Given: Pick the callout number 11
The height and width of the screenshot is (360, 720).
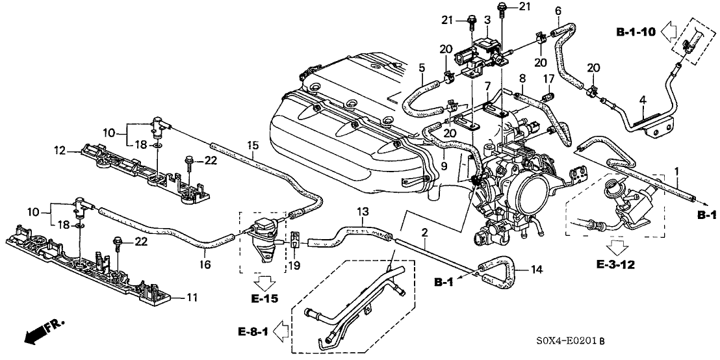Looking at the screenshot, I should point(192,298).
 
